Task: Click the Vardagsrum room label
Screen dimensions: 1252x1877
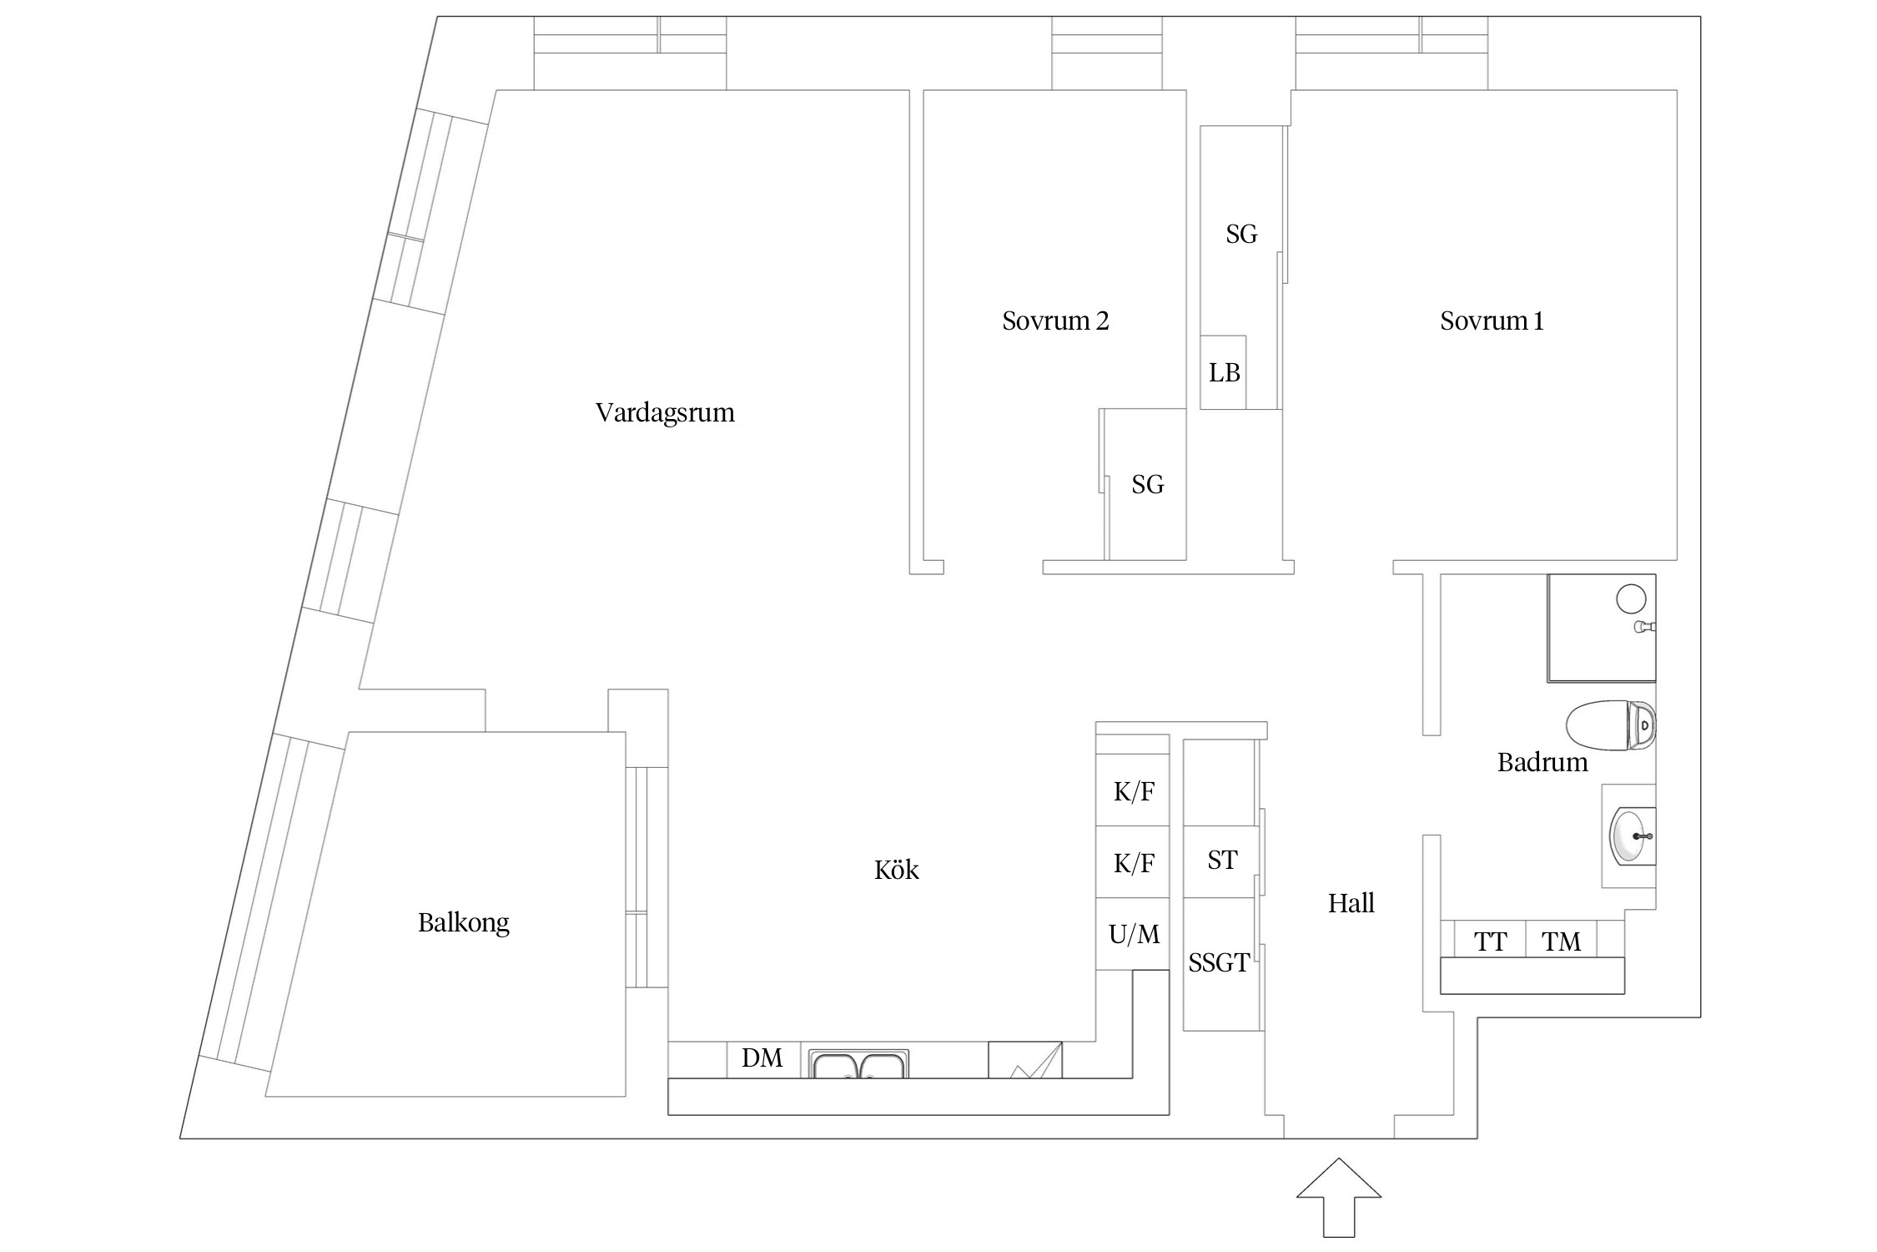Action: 665,412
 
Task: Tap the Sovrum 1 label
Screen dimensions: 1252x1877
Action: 1492,321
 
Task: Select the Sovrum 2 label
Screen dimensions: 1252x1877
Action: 1055,321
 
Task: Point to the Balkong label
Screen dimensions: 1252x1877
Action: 463,922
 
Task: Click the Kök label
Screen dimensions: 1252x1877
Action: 896,871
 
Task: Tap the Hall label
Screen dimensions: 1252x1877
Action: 1351,903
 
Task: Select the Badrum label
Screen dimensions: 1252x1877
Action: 1542,762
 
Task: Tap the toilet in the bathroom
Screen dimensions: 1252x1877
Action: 1610,725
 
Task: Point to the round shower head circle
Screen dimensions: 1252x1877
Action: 1631,598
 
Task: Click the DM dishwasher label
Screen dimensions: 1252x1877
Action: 762,1058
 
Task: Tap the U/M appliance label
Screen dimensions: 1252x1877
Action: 1134,934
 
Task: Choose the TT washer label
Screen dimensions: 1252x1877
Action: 1490,942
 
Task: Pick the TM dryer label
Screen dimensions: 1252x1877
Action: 1561,942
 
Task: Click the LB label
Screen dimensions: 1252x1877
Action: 1224,373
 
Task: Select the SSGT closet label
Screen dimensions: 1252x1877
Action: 1219,963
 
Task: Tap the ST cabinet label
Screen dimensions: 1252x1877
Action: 1222,861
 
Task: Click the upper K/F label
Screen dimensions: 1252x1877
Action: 1134,791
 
